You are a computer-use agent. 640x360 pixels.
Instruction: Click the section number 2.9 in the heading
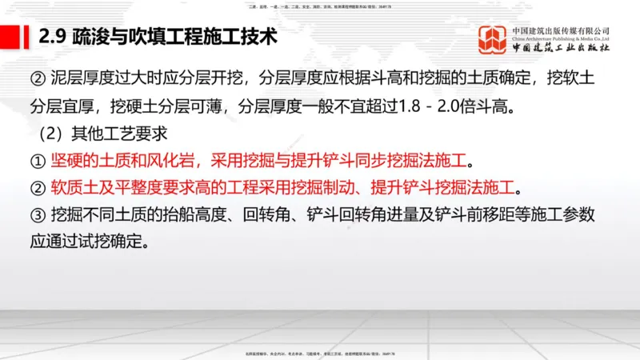(53, 36)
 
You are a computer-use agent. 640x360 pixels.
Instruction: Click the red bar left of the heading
(16, 36)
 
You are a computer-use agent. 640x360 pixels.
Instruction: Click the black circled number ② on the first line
(38, 79)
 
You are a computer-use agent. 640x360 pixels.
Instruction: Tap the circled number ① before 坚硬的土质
(38, 161)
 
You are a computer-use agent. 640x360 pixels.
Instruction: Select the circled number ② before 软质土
(38, 188)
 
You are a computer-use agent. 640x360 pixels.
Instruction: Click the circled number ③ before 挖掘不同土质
(38, 215)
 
